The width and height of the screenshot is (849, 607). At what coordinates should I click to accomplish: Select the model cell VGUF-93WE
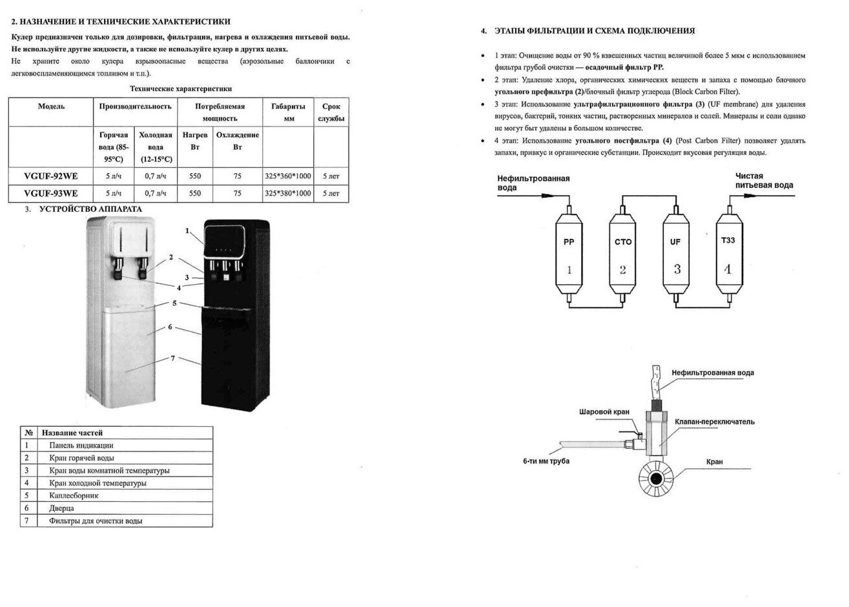click(50, 193)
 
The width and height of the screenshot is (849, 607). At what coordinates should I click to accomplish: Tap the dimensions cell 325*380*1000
click(288, 193)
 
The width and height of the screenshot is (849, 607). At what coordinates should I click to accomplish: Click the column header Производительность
click(135, 107)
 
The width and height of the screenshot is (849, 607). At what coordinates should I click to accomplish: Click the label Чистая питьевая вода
click(764, 181)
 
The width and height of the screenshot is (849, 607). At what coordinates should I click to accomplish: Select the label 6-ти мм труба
click(546, 461)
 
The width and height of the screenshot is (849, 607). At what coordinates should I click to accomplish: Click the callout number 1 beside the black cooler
click(187, 231)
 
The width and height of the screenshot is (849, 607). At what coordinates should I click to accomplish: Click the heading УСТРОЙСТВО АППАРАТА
click(91, 209)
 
